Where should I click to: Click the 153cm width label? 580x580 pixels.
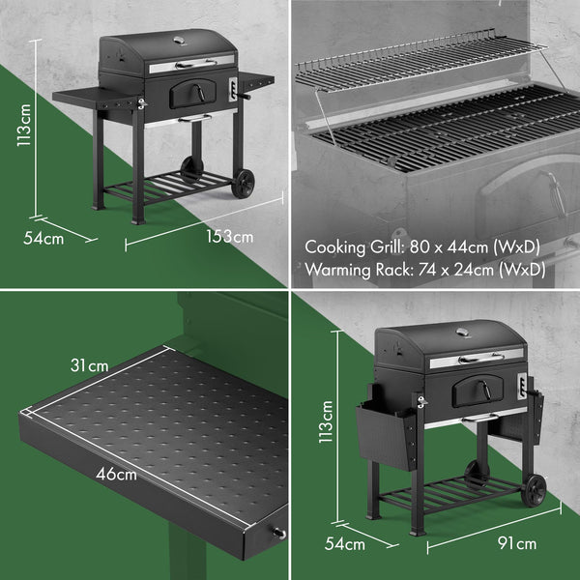coord(230,236)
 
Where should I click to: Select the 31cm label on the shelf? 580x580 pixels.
coord(90,365)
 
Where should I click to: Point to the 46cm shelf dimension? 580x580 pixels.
coord(115,474)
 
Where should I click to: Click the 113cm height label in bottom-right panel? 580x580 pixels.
coord(327,421)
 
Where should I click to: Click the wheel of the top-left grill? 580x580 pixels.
coord(244,183)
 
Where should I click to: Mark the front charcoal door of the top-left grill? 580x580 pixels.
coord(188,95)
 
